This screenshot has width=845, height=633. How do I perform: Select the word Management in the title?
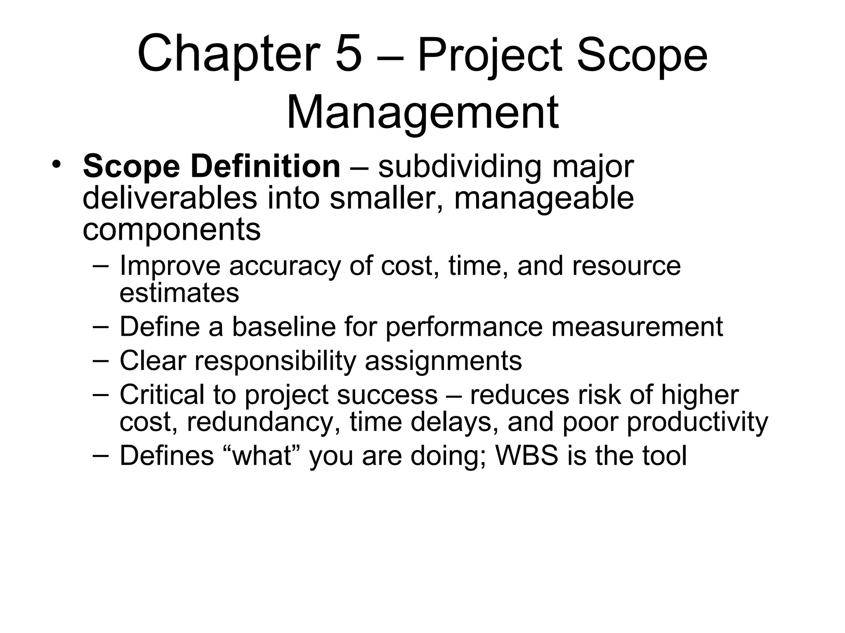coord(422,113)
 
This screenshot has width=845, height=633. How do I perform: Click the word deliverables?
coord(170,198)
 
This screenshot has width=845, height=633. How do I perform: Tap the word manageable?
coord(543,199)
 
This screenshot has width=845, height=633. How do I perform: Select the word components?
coord(171,230)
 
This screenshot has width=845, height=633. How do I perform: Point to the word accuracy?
coord(285,266)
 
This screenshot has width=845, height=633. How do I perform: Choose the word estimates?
coord(179,293)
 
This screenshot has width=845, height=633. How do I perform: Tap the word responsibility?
coord(275,361)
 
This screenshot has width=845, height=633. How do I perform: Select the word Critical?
coord(162,395)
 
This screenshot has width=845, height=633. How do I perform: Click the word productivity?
coord(697,422)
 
